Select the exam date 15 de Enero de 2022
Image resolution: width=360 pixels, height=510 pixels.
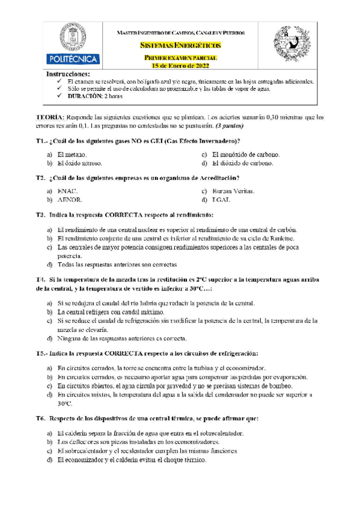[x=180, y=65]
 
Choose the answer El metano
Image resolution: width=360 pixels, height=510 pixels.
[x=72, y=155]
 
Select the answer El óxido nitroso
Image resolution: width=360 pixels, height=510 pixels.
[x=80, y=163]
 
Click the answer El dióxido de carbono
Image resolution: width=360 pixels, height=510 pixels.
[x=243, y=163]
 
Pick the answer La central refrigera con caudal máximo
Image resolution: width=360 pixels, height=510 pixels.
[x=114, y=312]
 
